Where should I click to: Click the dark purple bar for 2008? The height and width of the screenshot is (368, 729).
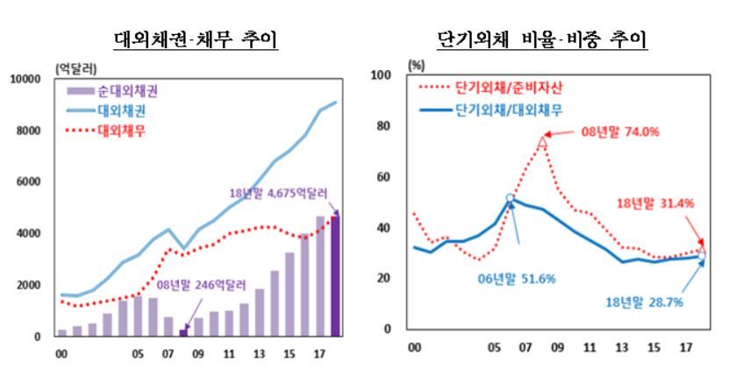[183, 332]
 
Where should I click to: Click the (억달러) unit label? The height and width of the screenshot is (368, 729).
[76, 68]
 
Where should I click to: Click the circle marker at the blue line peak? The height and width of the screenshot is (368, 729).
[511, 199]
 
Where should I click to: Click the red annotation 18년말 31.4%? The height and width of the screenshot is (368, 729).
[654, 203]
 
